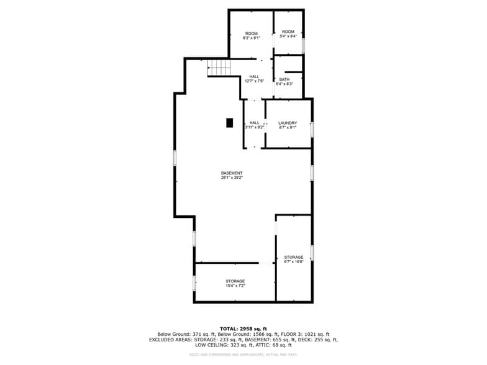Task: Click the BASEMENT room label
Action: tap(232, 173)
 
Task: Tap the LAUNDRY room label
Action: tap(288, 123)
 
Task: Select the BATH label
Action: tap(284, 79)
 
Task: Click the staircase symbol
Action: tap(219, 67)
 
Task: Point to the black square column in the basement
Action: tap(229, 123)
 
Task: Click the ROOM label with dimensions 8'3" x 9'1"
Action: tap(251, 34)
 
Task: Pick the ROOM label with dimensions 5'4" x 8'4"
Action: tap(288, 32)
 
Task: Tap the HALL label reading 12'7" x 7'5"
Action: tap(255, 77)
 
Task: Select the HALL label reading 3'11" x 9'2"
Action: tap(254, 123)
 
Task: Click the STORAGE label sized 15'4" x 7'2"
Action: tap(235, 281)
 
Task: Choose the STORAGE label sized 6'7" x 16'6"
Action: tap(294, 257)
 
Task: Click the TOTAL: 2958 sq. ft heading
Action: tap(243, 328)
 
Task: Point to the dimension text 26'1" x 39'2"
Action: tap(232, 178)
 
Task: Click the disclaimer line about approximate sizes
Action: tap(243, 354)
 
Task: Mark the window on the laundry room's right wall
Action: tap(312, 128)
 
